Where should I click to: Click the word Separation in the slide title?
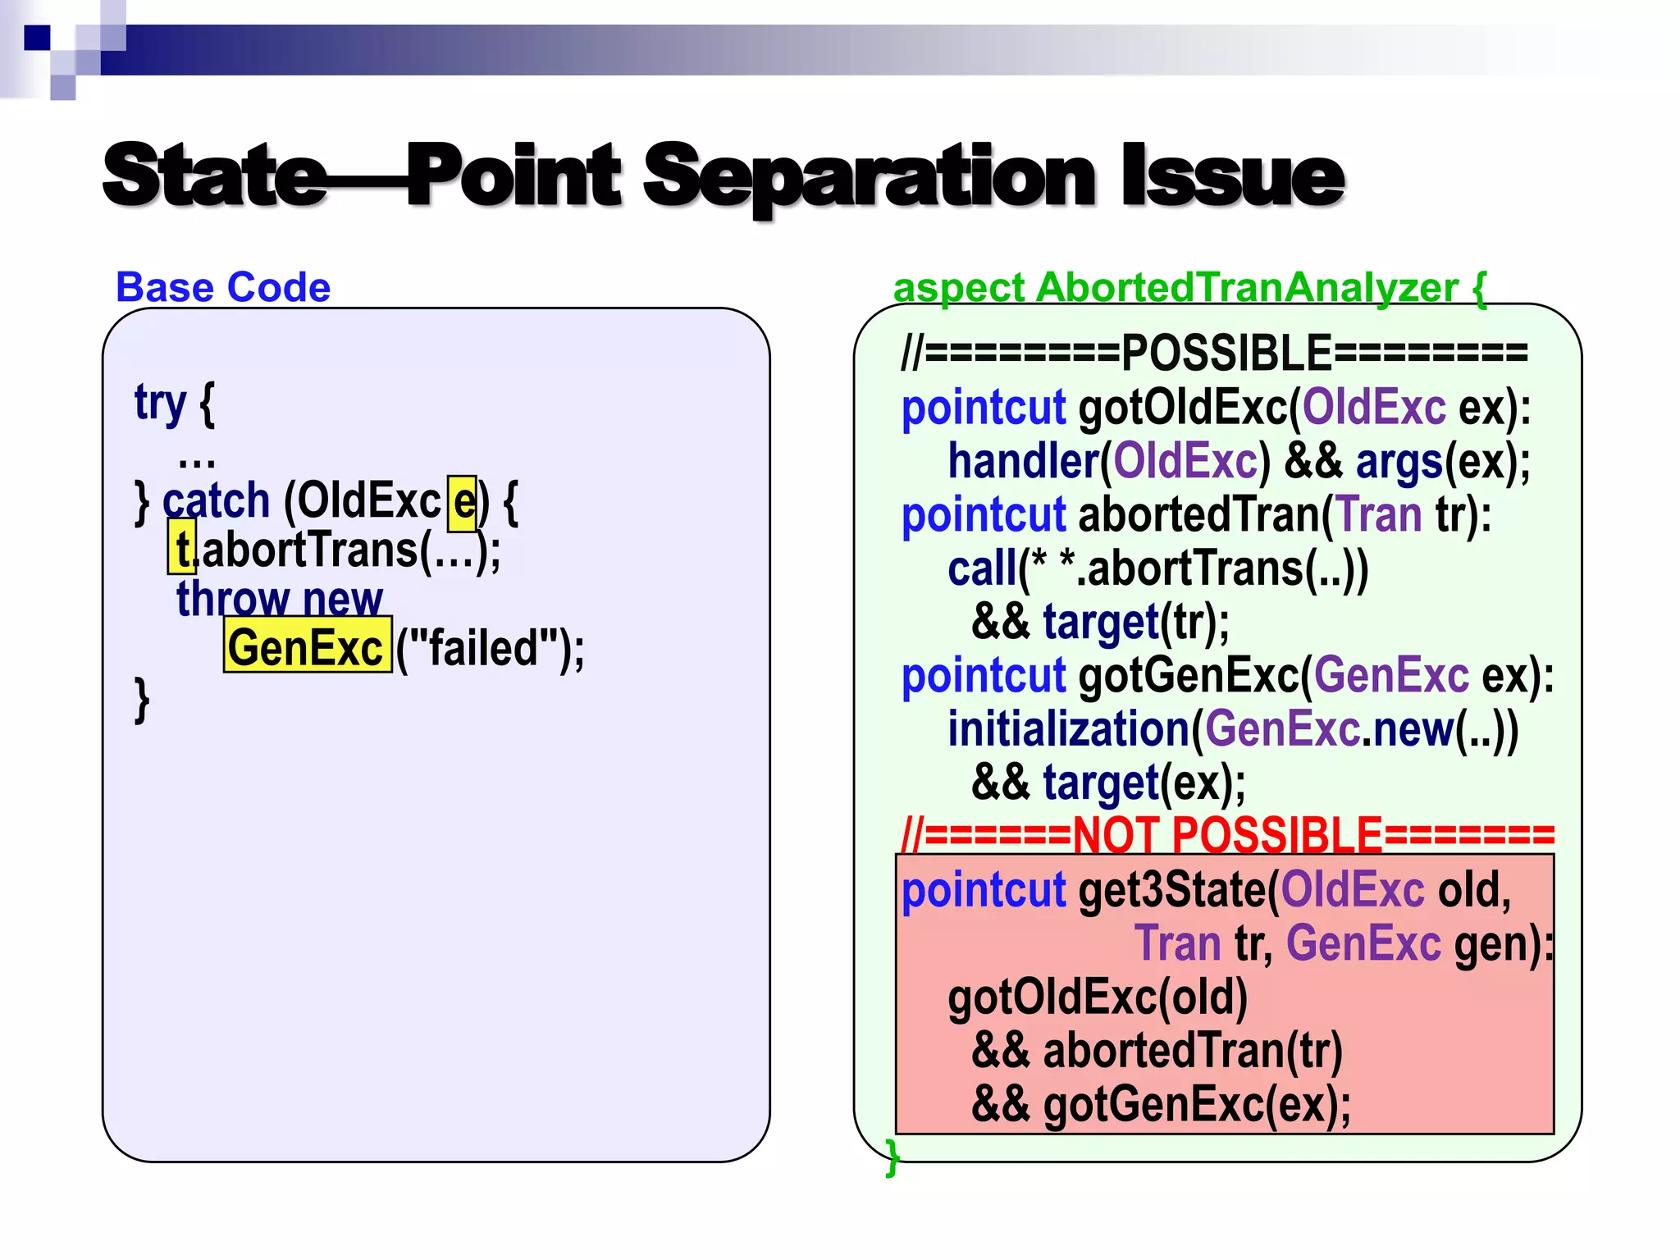(870, 176)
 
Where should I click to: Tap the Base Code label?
(223, 287)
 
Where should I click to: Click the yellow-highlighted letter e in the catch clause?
(463, 501)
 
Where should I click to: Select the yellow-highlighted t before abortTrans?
(182, 548)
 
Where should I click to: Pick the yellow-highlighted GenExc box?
(307, 646)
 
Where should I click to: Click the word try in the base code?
(160, 404)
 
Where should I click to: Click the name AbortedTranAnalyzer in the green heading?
(1247, 287)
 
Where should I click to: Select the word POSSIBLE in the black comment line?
(1226, 354)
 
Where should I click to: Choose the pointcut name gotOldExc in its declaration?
(1182, 408)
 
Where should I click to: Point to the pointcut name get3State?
(1172, 890)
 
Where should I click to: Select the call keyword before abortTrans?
(982, 568)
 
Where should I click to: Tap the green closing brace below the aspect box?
(892, 1158)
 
